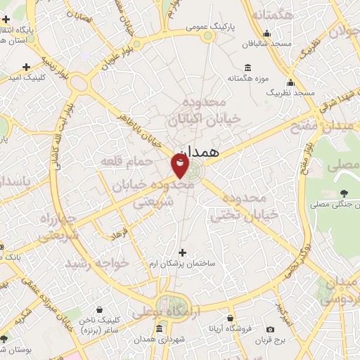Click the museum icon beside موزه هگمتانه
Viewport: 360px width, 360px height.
pos(247,67)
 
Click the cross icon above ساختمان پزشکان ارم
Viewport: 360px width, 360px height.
pos(183,252)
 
